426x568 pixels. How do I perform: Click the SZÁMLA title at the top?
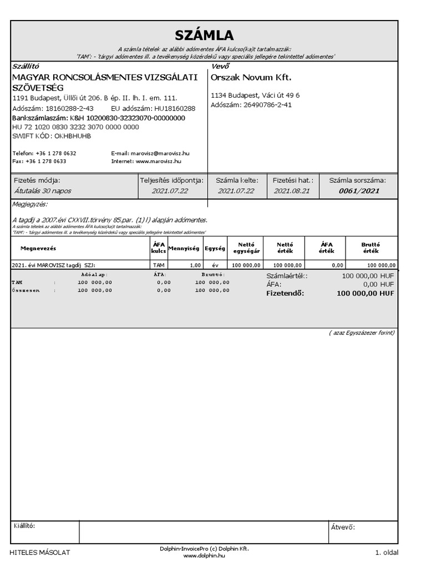coord(204,36)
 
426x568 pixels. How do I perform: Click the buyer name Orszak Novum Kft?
coord(251,78)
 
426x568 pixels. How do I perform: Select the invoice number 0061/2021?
coord(359,191)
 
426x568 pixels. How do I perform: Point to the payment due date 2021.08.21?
coord(292,191)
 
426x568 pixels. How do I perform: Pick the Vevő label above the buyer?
coord(220,66)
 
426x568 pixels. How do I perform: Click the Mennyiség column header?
coord(184,248)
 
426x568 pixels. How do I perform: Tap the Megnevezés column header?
coord(38,248)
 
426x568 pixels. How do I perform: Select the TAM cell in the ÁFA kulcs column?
coord(159,265)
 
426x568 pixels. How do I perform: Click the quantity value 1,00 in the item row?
coord(195,265)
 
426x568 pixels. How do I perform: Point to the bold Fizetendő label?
coord(285,293)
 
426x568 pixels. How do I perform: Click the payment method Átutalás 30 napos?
coord(42,191)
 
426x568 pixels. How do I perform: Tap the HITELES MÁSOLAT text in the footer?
coord(40,552)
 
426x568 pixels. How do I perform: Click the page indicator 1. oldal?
coord(386,552)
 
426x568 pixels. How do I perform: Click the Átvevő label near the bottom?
coord(343,528)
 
